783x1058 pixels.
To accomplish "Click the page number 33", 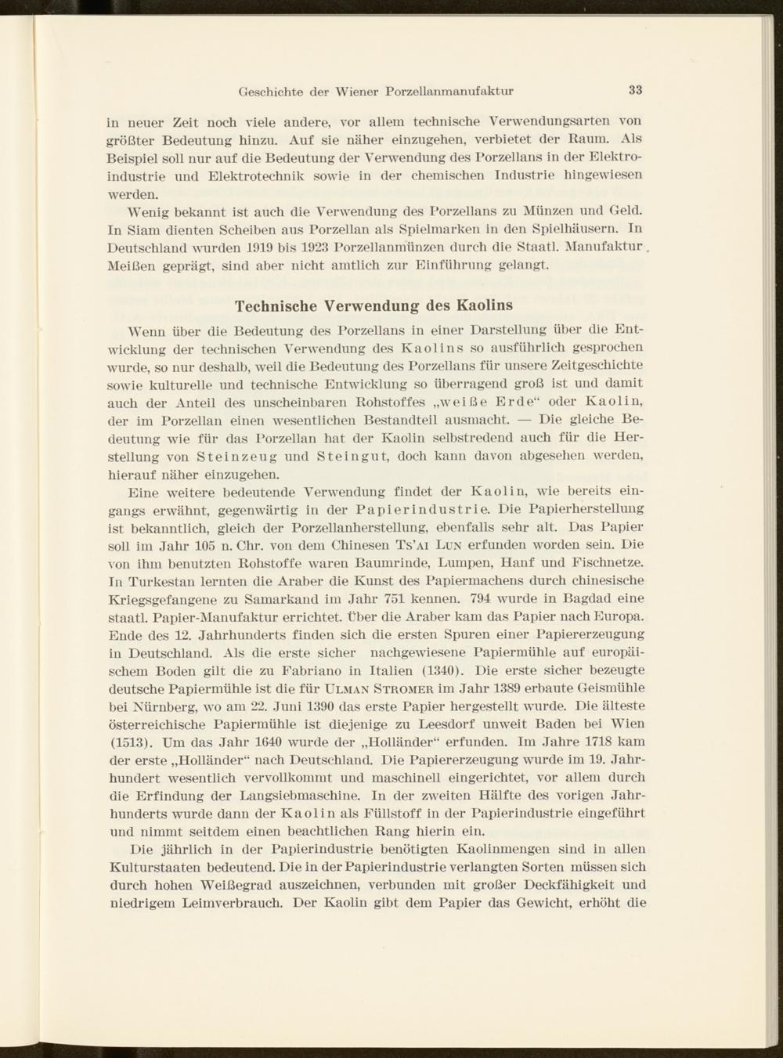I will (x=635, y=90).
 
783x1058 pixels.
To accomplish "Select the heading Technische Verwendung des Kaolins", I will (x=374, y=305).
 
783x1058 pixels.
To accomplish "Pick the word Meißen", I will (x=131, y=265).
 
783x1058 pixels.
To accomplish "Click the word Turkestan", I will (x=165, y=581).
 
